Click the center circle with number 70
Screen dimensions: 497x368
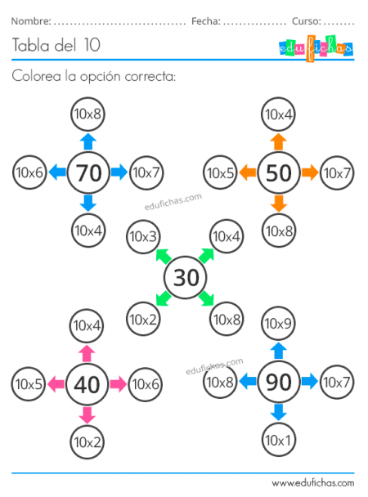(x=88, y=172)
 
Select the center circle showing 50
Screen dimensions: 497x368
(x=279, y=172)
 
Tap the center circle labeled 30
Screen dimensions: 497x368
(x=186, y=277)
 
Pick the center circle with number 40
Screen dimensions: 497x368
(x=88, y=383)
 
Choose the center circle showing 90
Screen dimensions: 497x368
(x=279, y=381)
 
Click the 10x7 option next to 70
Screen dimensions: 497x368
(x=146, y=172)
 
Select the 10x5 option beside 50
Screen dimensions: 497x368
(x=220, y=172)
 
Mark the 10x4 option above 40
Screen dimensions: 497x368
(x=88, y=325)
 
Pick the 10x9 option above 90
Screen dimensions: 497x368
(x=279, y=324)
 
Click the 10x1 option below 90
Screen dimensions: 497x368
(x=279, y=440)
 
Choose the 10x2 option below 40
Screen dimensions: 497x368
(x=88, y=442)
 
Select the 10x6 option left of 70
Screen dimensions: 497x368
(x=29, y=172)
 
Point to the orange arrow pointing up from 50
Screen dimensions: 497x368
(x=279, y=141)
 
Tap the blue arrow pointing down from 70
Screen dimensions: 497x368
(x=88, y=203)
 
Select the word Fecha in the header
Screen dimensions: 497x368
(x=205, y=20)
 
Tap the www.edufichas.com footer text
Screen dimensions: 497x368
(x=312, y=483)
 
